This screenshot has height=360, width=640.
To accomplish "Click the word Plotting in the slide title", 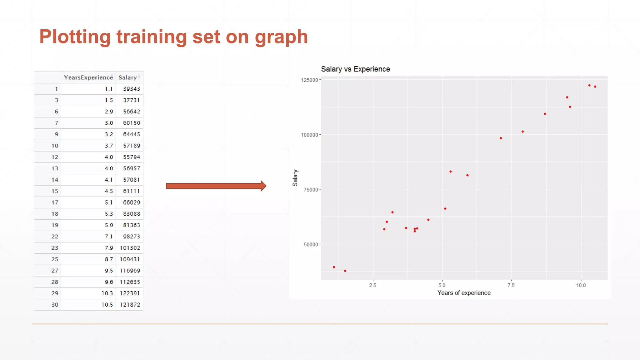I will pyautogui.click(x=75, y=37).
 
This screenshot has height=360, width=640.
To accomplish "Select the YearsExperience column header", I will pyautogui.click(x=88, y=77).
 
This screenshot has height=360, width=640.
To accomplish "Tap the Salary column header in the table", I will pyautogui.click(x=127, y=77).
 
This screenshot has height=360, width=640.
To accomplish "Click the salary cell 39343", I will pyautogui.click(x=132, y=89).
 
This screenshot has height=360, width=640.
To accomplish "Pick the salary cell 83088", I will pyautogui.click(x=132, y=214).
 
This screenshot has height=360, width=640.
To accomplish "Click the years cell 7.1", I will pyautogui.click(x=109, y=237).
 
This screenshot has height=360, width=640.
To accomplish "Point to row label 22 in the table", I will pyautogui.click(x=55, y=237).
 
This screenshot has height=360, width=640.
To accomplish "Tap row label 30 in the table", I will pyautogui.click(x=55, y=305).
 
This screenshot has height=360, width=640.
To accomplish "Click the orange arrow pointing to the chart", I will pyautogui.click(x=216, y=186).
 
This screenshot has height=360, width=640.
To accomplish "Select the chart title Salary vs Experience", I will pyautogui.click(x=355, y=69).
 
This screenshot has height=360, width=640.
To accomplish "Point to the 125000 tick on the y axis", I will pyautogui.click(x=309, y=80).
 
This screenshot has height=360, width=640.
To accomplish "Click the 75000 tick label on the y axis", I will pyautogui.click(x=311, y=190).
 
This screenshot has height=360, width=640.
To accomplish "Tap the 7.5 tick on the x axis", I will pyautogui.click(x=511, y=285).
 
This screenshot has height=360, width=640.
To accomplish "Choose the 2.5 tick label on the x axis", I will pyautogui.click(x=372, y=285).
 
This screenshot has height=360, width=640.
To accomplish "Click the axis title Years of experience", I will pyautogui.click(x=464, y=293).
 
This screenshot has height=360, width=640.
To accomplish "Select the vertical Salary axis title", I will pyautogui.click(x=295, y=178).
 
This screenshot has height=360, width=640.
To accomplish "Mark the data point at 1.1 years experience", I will pyautogui.click(x=334, y=267).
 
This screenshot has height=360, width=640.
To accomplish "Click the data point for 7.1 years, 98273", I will pyautogui.click(x=501, y=138).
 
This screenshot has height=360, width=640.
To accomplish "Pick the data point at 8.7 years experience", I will pyautogui.click(x=545, y=114).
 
